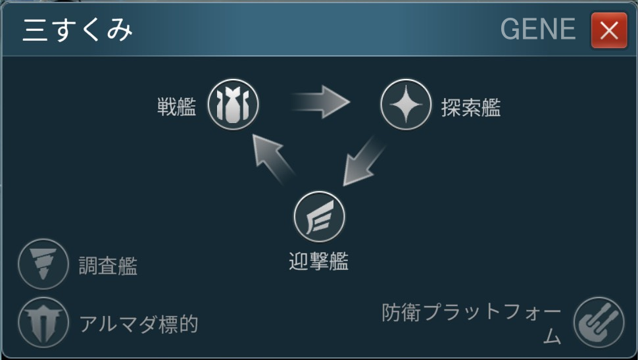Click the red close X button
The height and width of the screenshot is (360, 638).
pyautogui.click(x=608, y=30)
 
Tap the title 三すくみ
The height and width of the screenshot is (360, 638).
pyautogui.click(x=78, y=30)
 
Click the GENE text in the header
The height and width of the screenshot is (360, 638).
pyautogui.click(x=538, y=30)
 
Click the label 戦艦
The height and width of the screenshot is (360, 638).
pyautogui.click(x=176, y=107)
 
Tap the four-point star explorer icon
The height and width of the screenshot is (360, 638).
pyautogui.click(x=406, y=105)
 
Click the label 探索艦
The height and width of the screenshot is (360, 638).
pyautogui.click(x=471, y=107)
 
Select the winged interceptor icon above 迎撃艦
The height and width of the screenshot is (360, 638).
pyautogui.click(x=319, y=217)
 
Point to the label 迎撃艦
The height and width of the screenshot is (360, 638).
pyautogui.click(x=319, y=262)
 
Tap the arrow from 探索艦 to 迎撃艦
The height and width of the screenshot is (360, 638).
pyautogui.click(x=360, y=161)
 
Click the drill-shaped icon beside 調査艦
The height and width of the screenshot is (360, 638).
pyautogui.click(x=43, y=264)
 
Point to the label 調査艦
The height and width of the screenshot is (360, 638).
pyautogui.click(x=109, y=266)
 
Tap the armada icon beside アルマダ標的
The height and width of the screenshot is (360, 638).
pyautogui.click(x=43, y=322)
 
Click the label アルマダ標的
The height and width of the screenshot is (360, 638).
pyautogui.click(x=138, y=324)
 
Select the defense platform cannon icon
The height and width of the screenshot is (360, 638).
pyautogui.click(x=599, y=322)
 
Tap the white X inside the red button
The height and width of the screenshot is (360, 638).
pyautogui.click(x=608, y=30)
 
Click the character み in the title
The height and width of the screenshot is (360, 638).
pyautogui.click(x=120, y=30)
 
